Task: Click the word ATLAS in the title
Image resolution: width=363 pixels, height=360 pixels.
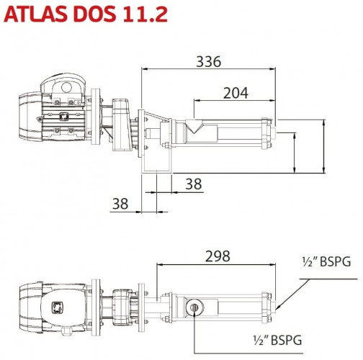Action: point(35,15)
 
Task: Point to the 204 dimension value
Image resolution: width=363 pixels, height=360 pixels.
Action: point(235,92)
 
